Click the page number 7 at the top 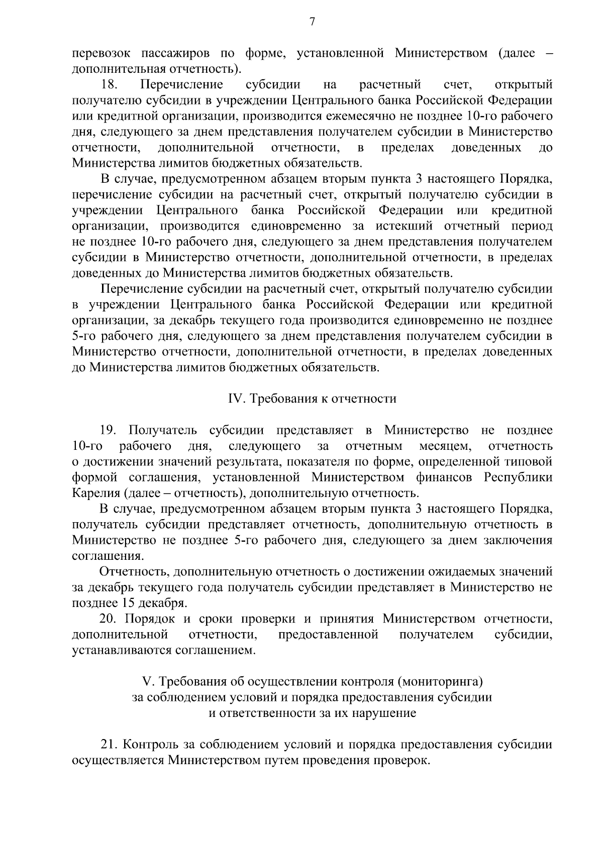coord(312,22)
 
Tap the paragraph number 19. coord(108,430)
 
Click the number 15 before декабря coord(127,603)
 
